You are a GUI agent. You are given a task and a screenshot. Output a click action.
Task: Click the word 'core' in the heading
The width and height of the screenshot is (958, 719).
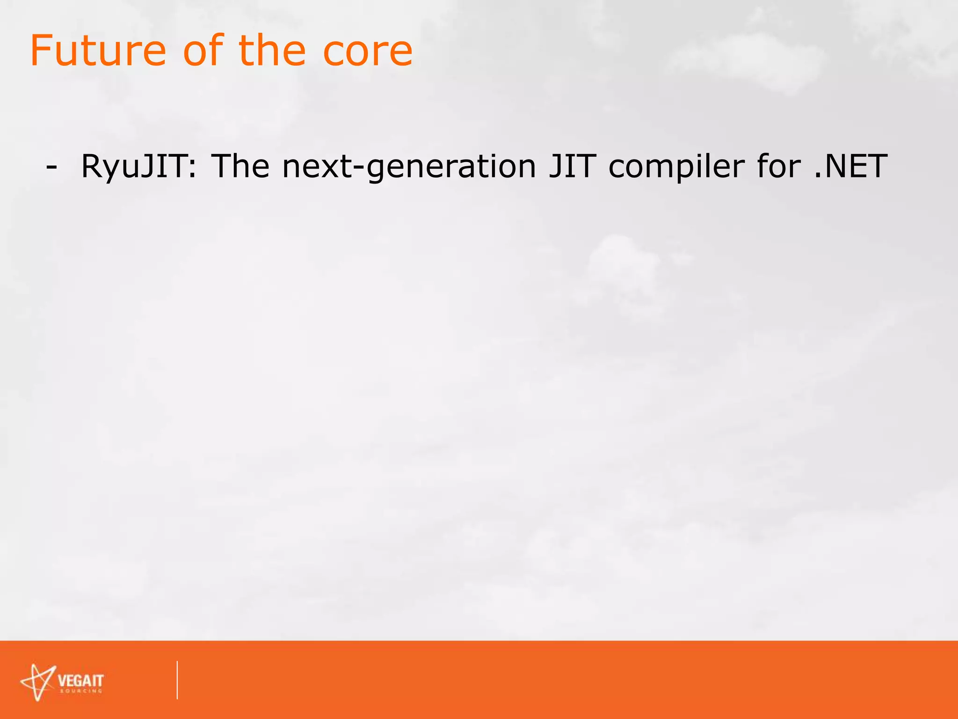[x=368, y=51]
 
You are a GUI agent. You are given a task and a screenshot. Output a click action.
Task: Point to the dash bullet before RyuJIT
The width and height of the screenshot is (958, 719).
[x=52, y=167]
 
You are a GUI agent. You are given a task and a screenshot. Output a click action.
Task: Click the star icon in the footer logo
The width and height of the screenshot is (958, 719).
[x=37, y=682]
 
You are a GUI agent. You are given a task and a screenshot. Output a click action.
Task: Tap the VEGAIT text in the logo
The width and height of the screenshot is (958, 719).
[x=80, y=680]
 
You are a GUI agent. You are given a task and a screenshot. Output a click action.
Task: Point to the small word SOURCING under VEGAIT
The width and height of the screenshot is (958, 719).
[x=80, y=691]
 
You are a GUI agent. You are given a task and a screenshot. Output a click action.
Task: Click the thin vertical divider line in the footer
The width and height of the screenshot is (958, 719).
[x=177, y=680]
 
